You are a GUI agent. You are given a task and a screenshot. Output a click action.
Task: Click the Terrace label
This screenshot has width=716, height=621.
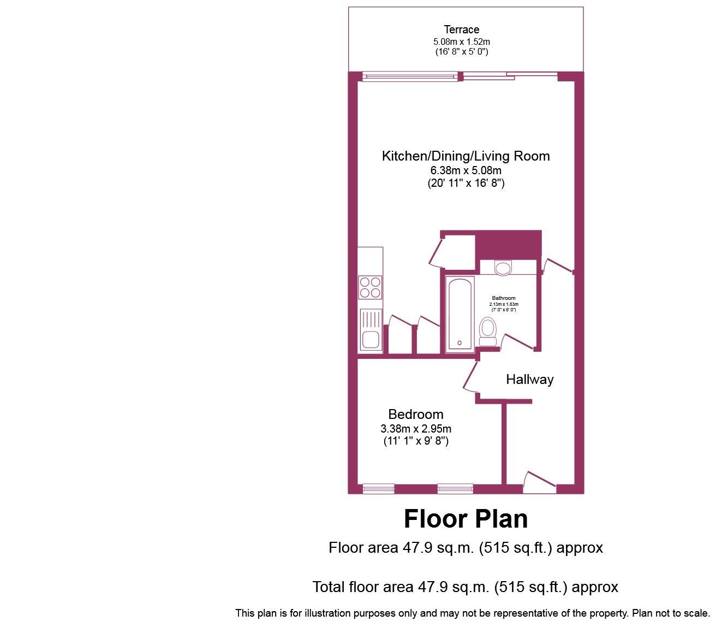point(461,29)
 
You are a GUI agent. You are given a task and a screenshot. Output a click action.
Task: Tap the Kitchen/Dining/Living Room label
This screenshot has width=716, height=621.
point(466,156)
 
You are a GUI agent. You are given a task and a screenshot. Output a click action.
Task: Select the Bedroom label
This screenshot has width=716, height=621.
point(416,414)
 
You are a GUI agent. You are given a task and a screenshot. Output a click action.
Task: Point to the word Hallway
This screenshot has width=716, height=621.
point(529,380)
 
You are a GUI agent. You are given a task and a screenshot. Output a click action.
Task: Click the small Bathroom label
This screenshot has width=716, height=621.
point(503,298)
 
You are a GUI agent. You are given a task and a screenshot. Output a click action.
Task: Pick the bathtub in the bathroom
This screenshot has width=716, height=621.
point(460,314)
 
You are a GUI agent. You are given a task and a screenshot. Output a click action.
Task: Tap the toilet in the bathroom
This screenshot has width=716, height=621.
point(487,331)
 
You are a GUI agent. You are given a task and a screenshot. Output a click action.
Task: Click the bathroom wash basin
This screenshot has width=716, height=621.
point(503,268)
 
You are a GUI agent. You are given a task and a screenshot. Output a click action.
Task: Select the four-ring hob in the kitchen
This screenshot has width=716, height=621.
point(369,287)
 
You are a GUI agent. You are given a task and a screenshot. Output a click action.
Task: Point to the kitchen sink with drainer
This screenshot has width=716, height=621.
point(370,329)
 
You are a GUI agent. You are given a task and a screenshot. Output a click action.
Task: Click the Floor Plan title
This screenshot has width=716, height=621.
point(466,519)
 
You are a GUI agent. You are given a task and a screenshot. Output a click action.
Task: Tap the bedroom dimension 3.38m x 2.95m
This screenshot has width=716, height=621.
point(416,429)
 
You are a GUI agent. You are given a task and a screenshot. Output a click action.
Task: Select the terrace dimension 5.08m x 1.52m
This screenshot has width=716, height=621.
point(461,42)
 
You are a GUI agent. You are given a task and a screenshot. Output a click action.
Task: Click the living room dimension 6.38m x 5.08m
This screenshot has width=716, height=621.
point(466,170)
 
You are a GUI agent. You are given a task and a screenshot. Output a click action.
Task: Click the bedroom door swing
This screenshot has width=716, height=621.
point(469,377)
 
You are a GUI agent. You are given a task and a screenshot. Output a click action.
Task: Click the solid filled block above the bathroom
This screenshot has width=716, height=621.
point(509,244)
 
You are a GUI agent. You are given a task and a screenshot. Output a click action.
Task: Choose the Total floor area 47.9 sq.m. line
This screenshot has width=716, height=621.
point(465,587)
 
